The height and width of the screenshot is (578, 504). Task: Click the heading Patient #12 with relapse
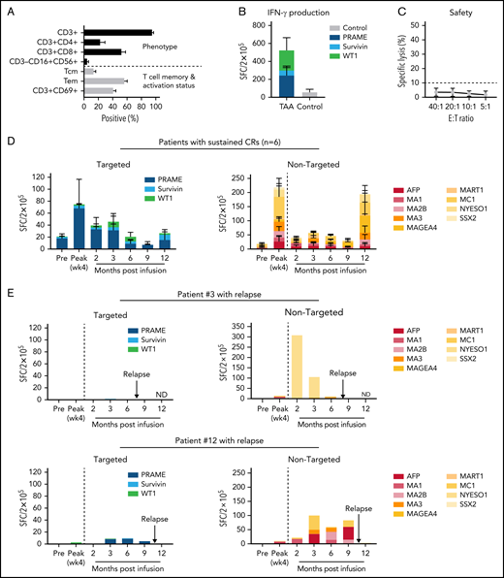tap(252, 441)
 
